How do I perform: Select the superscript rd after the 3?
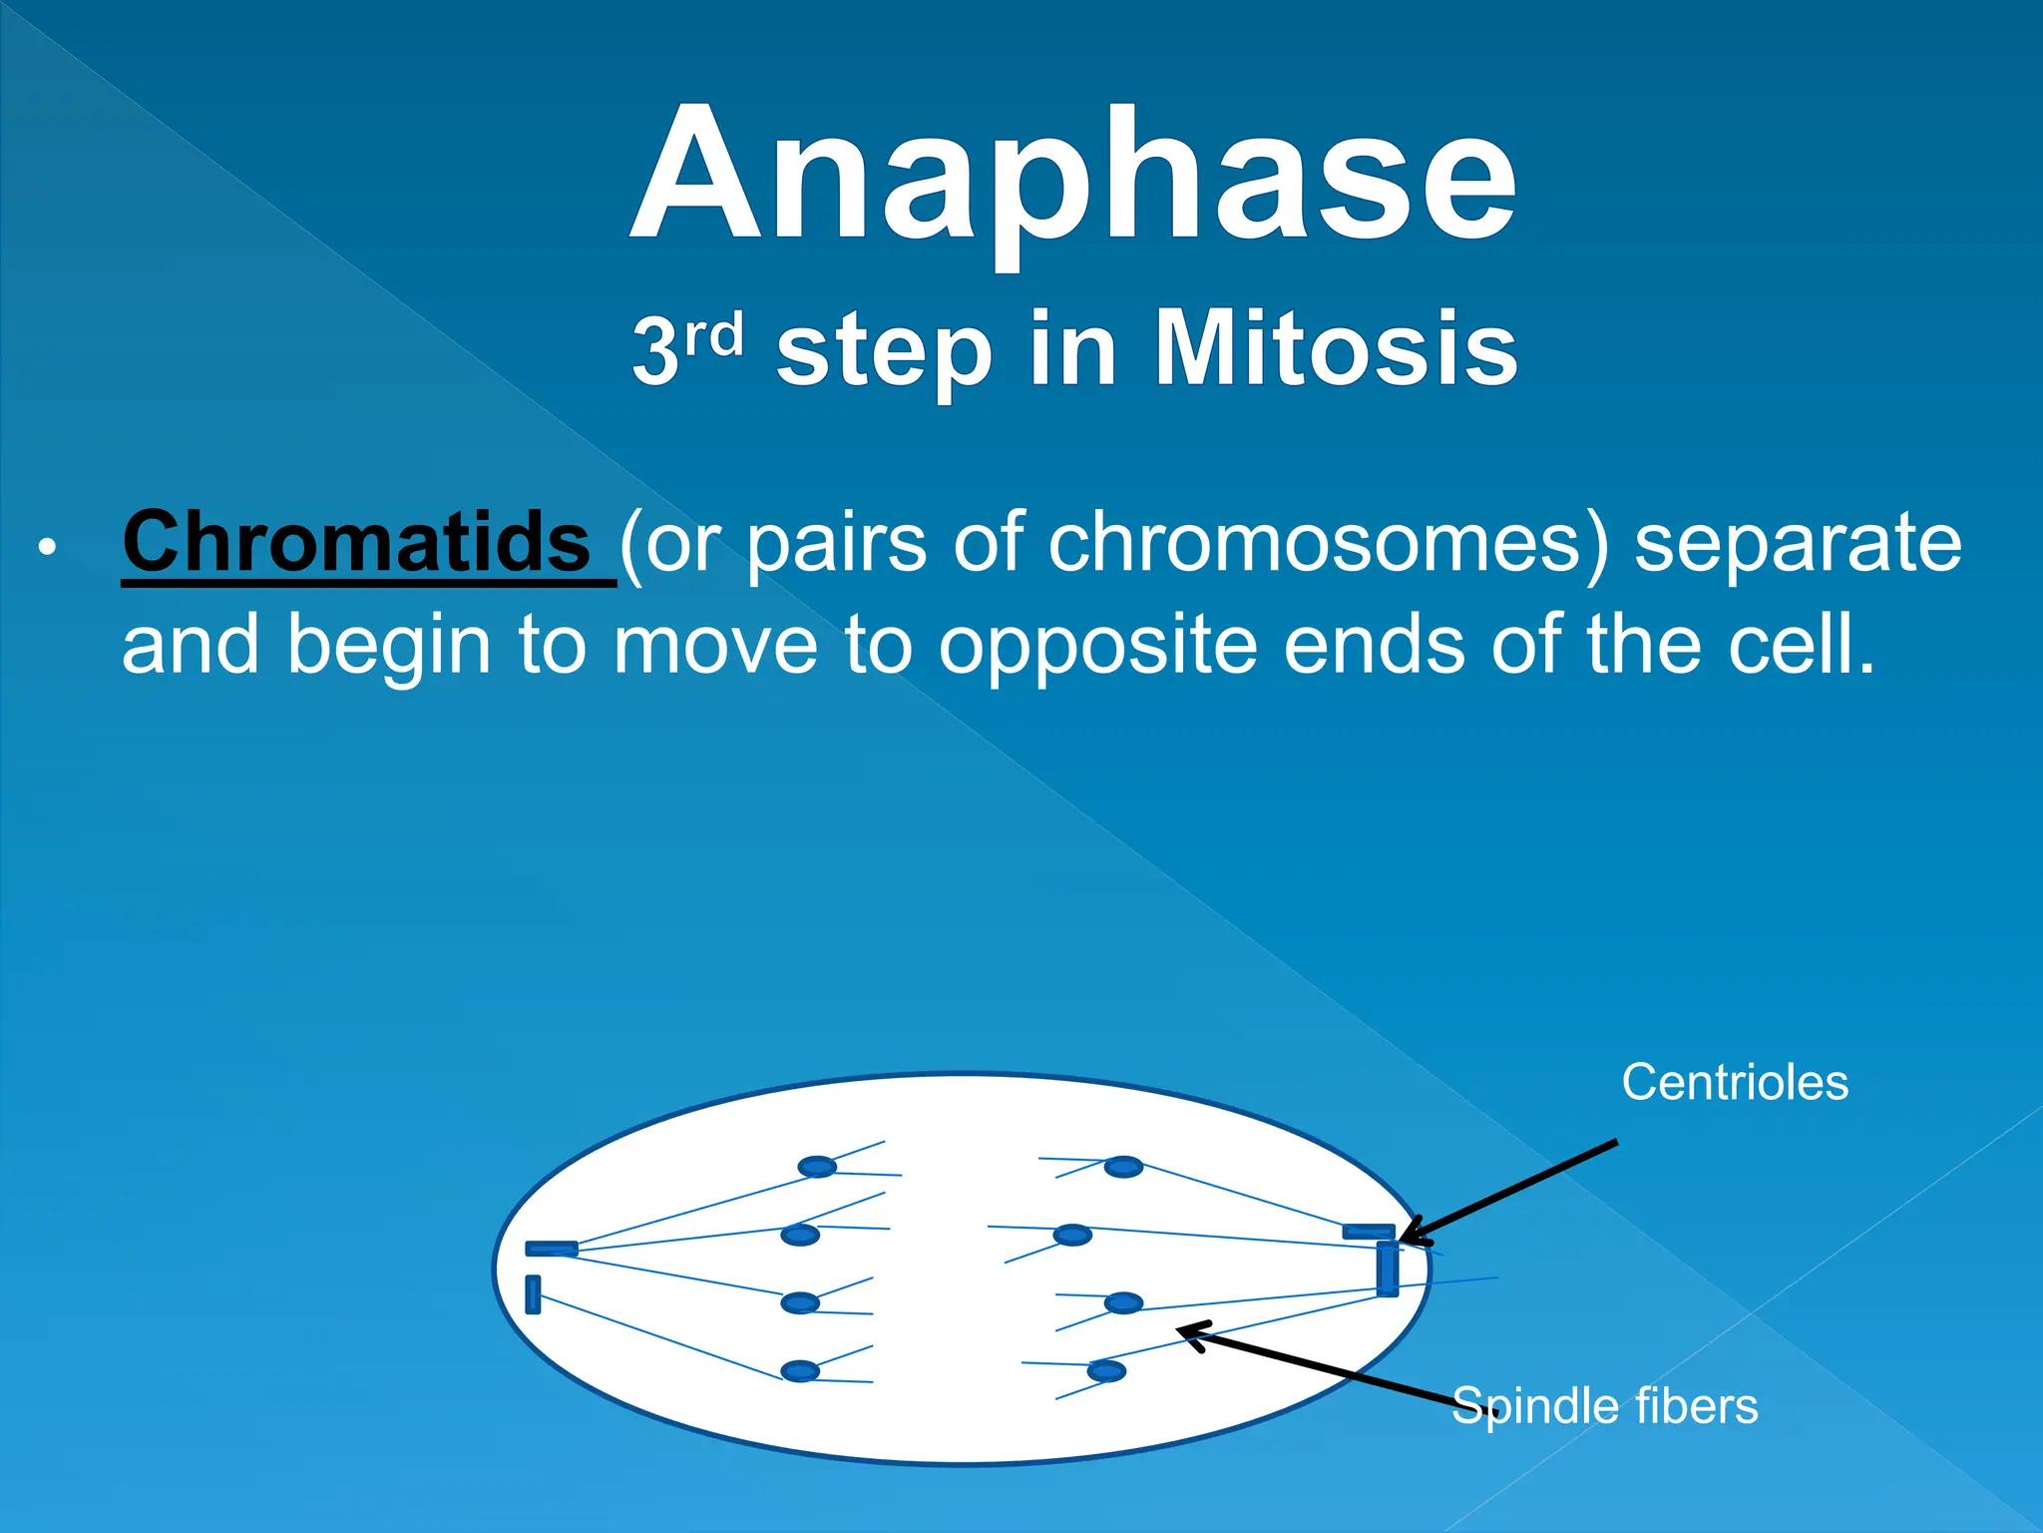[x=715, y=335]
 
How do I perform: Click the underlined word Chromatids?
[x=357, y=542]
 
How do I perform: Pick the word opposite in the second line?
[x=1097, y=645]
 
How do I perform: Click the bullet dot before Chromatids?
[x=46, y=548]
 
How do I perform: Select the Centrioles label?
[x=1734, y=1083]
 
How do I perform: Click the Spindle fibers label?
[x=1604, y=1406]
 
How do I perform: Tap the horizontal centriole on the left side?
[x=552, y=1249]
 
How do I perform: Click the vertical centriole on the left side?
[x=533, y=1294]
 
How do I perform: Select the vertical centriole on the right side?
[x=1387, y=1269]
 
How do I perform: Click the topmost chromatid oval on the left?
[x=817, y=1167]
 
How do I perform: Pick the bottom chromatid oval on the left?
[x=800, y=1371]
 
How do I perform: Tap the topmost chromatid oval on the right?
[x=1123, y=1167]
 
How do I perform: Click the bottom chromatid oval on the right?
[x=1106, y=1371]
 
